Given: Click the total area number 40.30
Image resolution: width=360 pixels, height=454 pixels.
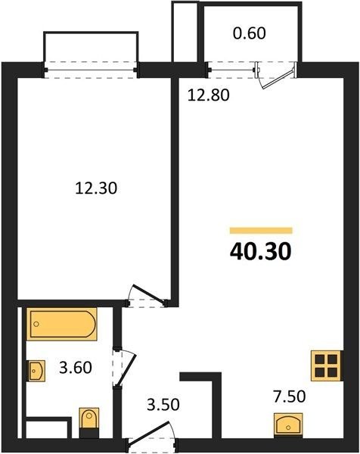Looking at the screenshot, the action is tap(260, 251).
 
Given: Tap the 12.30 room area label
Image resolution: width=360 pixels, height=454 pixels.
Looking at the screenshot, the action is tap(96, 188).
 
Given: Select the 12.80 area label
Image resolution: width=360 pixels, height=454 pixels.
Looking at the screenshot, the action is tap(208, 95).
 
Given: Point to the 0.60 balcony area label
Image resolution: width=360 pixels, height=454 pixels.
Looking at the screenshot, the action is tap(249, 33).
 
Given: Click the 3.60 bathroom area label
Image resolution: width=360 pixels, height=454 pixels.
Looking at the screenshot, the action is tap(76, 368).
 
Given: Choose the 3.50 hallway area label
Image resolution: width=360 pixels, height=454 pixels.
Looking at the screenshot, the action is tap(163, 404).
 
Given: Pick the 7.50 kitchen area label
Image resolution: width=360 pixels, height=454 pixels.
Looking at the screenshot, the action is tap(290, 396).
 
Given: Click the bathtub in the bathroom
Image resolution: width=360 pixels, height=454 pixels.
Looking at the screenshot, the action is tap(62, 324).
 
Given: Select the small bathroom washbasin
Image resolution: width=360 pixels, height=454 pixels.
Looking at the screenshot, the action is tap(36, 371).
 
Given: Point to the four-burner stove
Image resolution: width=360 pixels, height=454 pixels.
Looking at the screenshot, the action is tap(326, 365).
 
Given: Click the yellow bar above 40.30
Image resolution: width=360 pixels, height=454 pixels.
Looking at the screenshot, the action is tap(261, 231).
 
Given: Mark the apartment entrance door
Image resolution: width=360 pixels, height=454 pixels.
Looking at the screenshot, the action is tap(151, 437).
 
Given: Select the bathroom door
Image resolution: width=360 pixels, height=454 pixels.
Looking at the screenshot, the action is tap(124, 368).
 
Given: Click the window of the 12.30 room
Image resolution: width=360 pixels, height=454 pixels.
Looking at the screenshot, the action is tap(91, 70).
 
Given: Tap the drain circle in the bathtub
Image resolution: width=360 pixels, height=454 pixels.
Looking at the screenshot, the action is tap(36, 324).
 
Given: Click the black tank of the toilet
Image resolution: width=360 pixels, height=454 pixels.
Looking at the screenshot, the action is tap(88, 433).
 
